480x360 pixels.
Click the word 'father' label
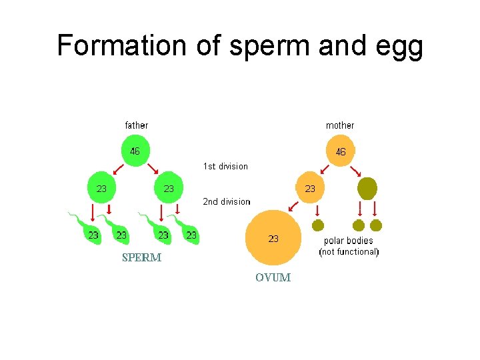137,125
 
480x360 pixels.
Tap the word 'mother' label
340,125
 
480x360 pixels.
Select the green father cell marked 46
135,151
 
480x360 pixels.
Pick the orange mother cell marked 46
340,152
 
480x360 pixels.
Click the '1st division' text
225,167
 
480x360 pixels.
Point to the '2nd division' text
227,201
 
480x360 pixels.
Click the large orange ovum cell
273,238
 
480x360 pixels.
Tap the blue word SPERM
141,258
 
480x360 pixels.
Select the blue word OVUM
273,277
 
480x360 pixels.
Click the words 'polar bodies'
348,241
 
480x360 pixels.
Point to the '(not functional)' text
349,252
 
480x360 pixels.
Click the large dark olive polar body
367,189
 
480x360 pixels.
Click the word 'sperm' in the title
257,45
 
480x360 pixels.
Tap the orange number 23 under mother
310,189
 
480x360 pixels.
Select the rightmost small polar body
376,225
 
